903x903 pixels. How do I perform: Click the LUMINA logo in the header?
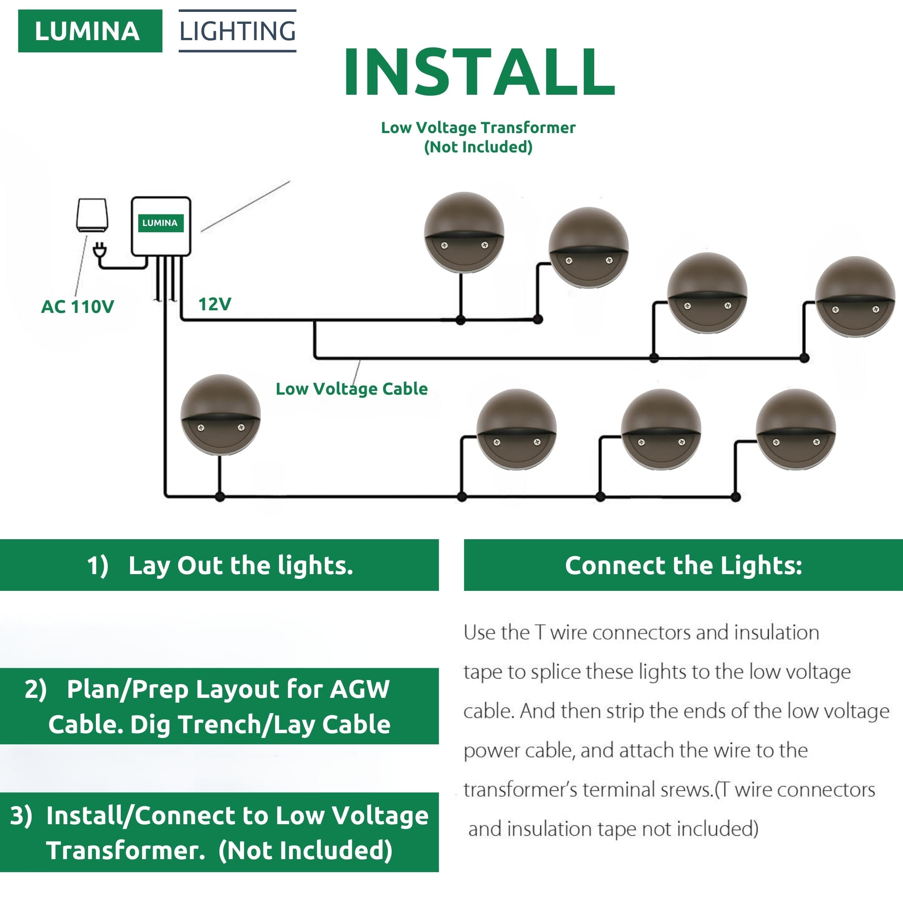pyautogui.click(x=90, y=31)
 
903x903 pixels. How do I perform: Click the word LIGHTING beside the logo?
pyautogui.click(x=237, y=31)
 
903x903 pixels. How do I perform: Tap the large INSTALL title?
pyautogui.click(x=479, y=72)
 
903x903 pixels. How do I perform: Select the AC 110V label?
pyautogui.click(x=78, y=307)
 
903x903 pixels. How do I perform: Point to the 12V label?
pyautogui.click(x=214, y=304)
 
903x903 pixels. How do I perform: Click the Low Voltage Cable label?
pyautogui.click(x=352, y=389)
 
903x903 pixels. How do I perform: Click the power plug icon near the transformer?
pyautogui.click(x=99, y=250)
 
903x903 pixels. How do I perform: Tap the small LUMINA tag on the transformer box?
pyautogui.click(x=160, y=223)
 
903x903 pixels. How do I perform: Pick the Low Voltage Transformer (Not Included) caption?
pyautogui.click(x=478, y=137)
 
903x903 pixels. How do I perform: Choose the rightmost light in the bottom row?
pyautogui.click(x=796, y=429)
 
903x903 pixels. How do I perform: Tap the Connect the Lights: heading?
pyautogui.click(x=683, y=565)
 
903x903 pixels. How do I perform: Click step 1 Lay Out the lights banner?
pyautogui.click(x=219, y=565)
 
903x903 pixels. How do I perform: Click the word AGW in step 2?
pyautogui.click(x=359, y=689)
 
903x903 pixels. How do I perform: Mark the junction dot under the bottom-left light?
pyautogui.click(x=220, y=497)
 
